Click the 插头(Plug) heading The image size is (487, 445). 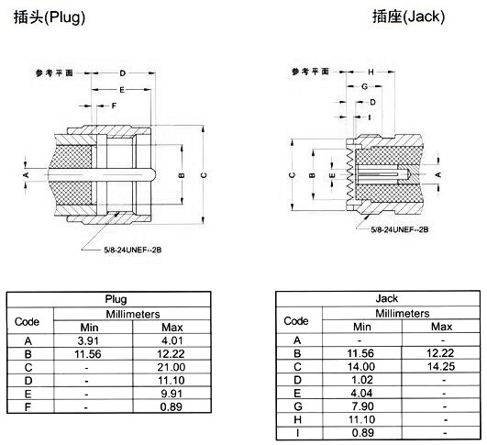pos(50,17)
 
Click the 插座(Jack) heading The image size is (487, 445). pos(408,17)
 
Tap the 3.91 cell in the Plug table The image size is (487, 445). pos(88,341)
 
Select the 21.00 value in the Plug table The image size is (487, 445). pos(172,367)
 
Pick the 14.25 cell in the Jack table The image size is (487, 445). pos(441,367)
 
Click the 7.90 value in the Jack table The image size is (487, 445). pos(363,406)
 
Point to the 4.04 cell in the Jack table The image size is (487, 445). pos(361,394)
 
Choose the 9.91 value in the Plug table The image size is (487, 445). pos(172,394)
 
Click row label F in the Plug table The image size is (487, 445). pos(28,407)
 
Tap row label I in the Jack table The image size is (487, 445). pos(297,433)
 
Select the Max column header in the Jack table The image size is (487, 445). pos(442,327)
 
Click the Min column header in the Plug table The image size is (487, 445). pos(89,328)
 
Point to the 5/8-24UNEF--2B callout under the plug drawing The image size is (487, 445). pos(133,250)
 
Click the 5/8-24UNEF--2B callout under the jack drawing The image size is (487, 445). pos(400,229)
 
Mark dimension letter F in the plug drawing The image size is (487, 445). pos(114,106)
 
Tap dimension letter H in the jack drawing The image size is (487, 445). pos(371,72)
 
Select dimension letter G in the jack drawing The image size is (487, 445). pos(365,86)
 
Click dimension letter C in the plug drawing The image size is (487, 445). pos(204,175)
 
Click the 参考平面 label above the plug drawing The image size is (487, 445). pos(54,73)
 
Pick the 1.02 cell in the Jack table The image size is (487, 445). pos(362,380)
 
